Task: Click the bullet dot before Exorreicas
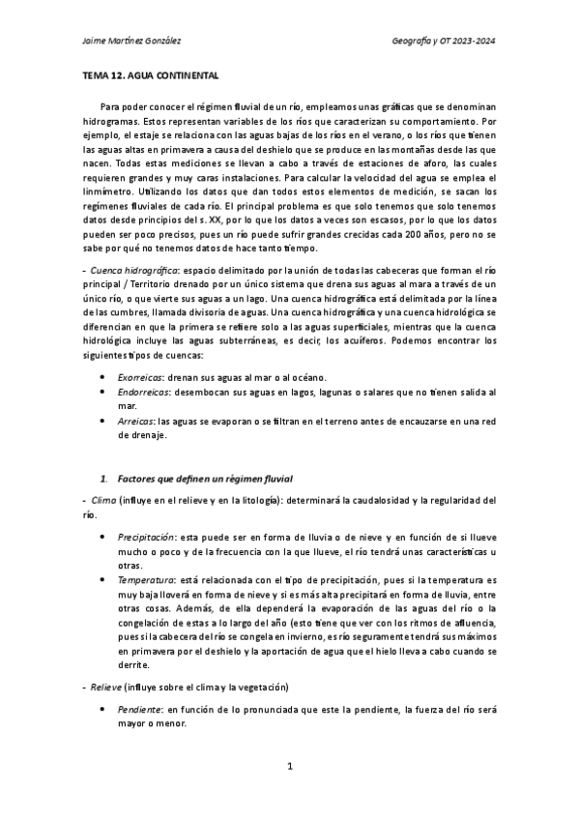click(103, 376)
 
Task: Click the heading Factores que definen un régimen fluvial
click(210, 480)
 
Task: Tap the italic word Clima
click(102, 500)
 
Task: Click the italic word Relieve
click(104, 686)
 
